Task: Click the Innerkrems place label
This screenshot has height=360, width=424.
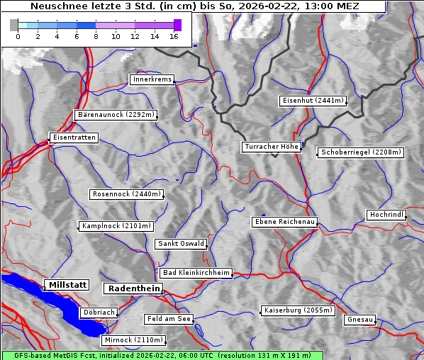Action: tap(152, 79)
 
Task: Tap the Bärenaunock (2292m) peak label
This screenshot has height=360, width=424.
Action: tap(115, 115)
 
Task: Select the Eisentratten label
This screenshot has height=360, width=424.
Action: tap(73, 137)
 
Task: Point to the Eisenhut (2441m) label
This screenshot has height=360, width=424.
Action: tap(313, 101)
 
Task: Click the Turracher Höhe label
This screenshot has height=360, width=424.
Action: tap(272, 147)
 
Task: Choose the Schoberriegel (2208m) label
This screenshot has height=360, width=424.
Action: tap(361, 152)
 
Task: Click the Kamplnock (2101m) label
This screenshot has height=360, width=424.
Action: tap(116, 226)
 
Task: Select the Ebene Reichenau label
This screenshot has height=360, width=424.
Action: tap(285, 222)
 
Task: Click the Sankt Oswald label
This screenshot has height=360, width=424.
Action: tap(181, 244)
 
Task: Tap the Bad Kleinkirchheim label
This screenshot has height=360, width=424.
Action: tap(196, 273)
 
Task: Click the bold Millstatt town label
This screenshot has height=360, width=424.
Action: tap(67, 285)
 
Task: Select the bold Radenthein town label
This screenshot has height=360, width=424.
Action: tap(133, 288)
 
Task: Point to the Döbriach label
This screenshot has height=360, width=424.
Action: tap(99, 312)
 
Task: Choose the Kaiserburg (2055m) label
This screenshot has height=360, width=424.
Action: tap(297, 310)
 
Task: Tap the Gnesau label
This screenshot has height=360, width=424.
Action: tap(360, 320)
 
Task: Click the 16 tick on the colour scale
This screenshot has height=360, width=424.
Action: tap(174, 36)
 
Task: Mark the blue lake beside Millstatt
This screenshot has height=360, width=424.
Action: tap(50, 298)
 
